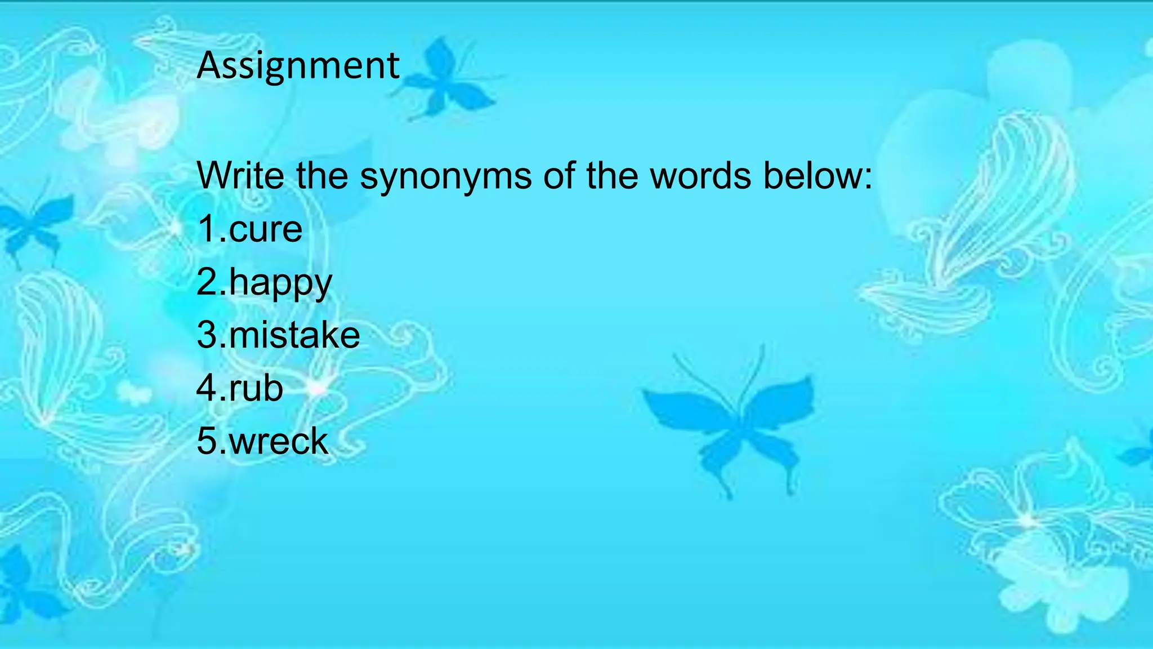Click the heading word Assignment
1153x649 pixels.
298,66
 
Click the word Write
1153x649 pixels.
240,176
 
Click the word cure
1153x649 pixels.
266,230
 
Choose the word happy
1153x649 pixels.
280,284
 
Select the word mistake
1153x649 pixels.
294,335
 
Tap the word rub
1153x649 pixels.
256,388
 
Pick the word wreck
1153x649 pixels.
279,441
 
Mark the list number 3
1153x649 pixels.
207,335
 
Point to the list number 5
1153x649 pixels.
207,441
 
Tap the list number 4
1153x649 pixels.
207,388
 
